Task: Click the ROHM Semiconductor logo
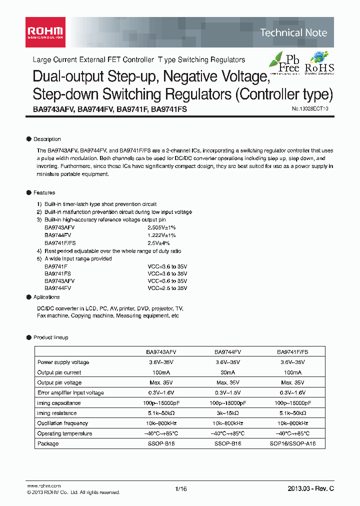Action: (x=44, y=32)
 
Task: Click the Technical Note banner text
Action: (x=293, y=33)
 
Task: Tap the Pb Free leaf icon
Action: (x=284, y=62)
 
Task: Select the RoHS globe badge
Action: (x=319, y=62)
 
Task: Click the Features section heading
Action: (x=44, y=192)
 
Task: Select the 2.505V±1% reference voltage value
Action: (x=161, y=227)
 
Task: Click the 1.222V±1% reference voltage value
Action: (x=161, y=234)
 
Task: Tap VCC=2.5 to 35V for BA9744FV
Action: (x=167, y=288)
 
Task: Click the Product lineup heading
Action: (x=50, y=337)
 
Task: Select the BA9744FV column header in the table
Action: (x=227, y=352)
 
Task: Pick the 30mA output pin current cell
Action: (x=227, y=372)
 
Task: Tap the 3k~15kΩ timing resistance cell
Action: (x=227, y=413)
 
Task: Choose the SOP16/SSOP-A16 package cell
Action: (x=293, y=443)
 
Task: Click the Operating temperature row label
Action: (x=64, y=433)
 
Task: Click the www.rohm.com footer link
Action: (x=43, y=485)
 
